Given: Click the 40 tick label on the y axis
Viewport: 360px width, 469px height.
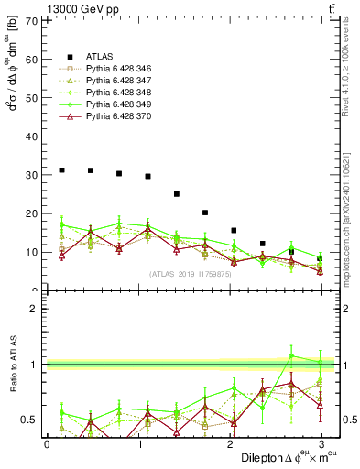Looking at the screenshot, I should [x=35, y=136].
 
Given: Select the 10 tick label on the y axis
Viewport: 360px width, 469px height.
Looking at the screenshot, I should [x=35, y=252].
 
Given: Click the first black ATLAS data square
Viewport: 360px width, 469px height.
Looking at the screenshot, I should [x=61, y=170].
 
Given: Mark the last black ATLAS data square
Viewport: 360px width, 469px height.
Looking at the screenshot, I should [x=320, y=258].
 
